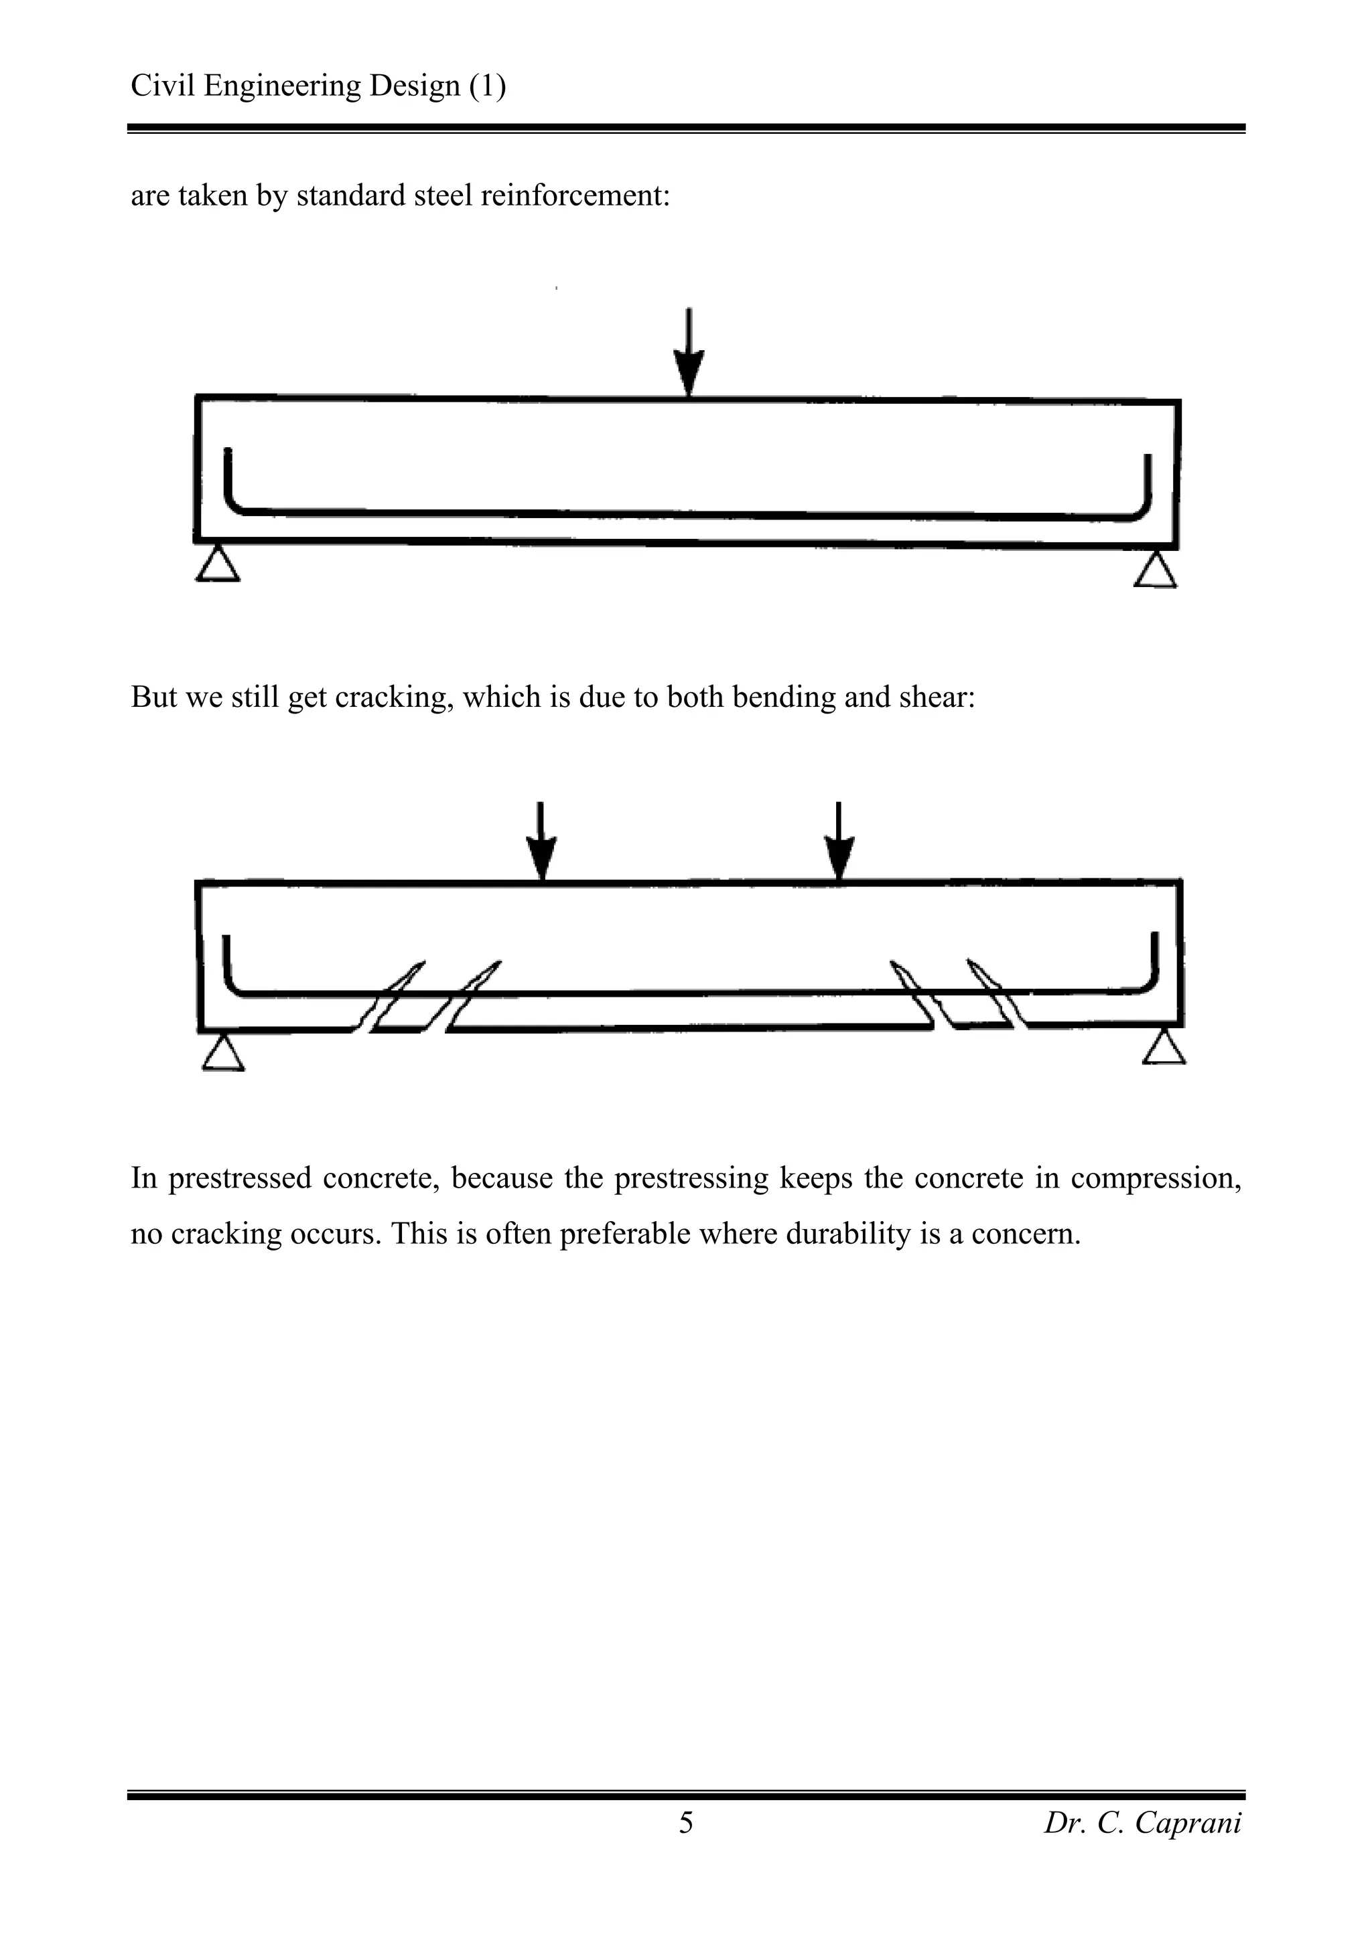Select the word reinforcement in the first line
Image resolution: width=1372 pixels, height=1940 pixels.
click(x=575, y=195)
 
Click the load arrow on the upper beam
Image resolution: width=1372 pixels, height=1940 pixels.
click(x=689, y=353)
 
